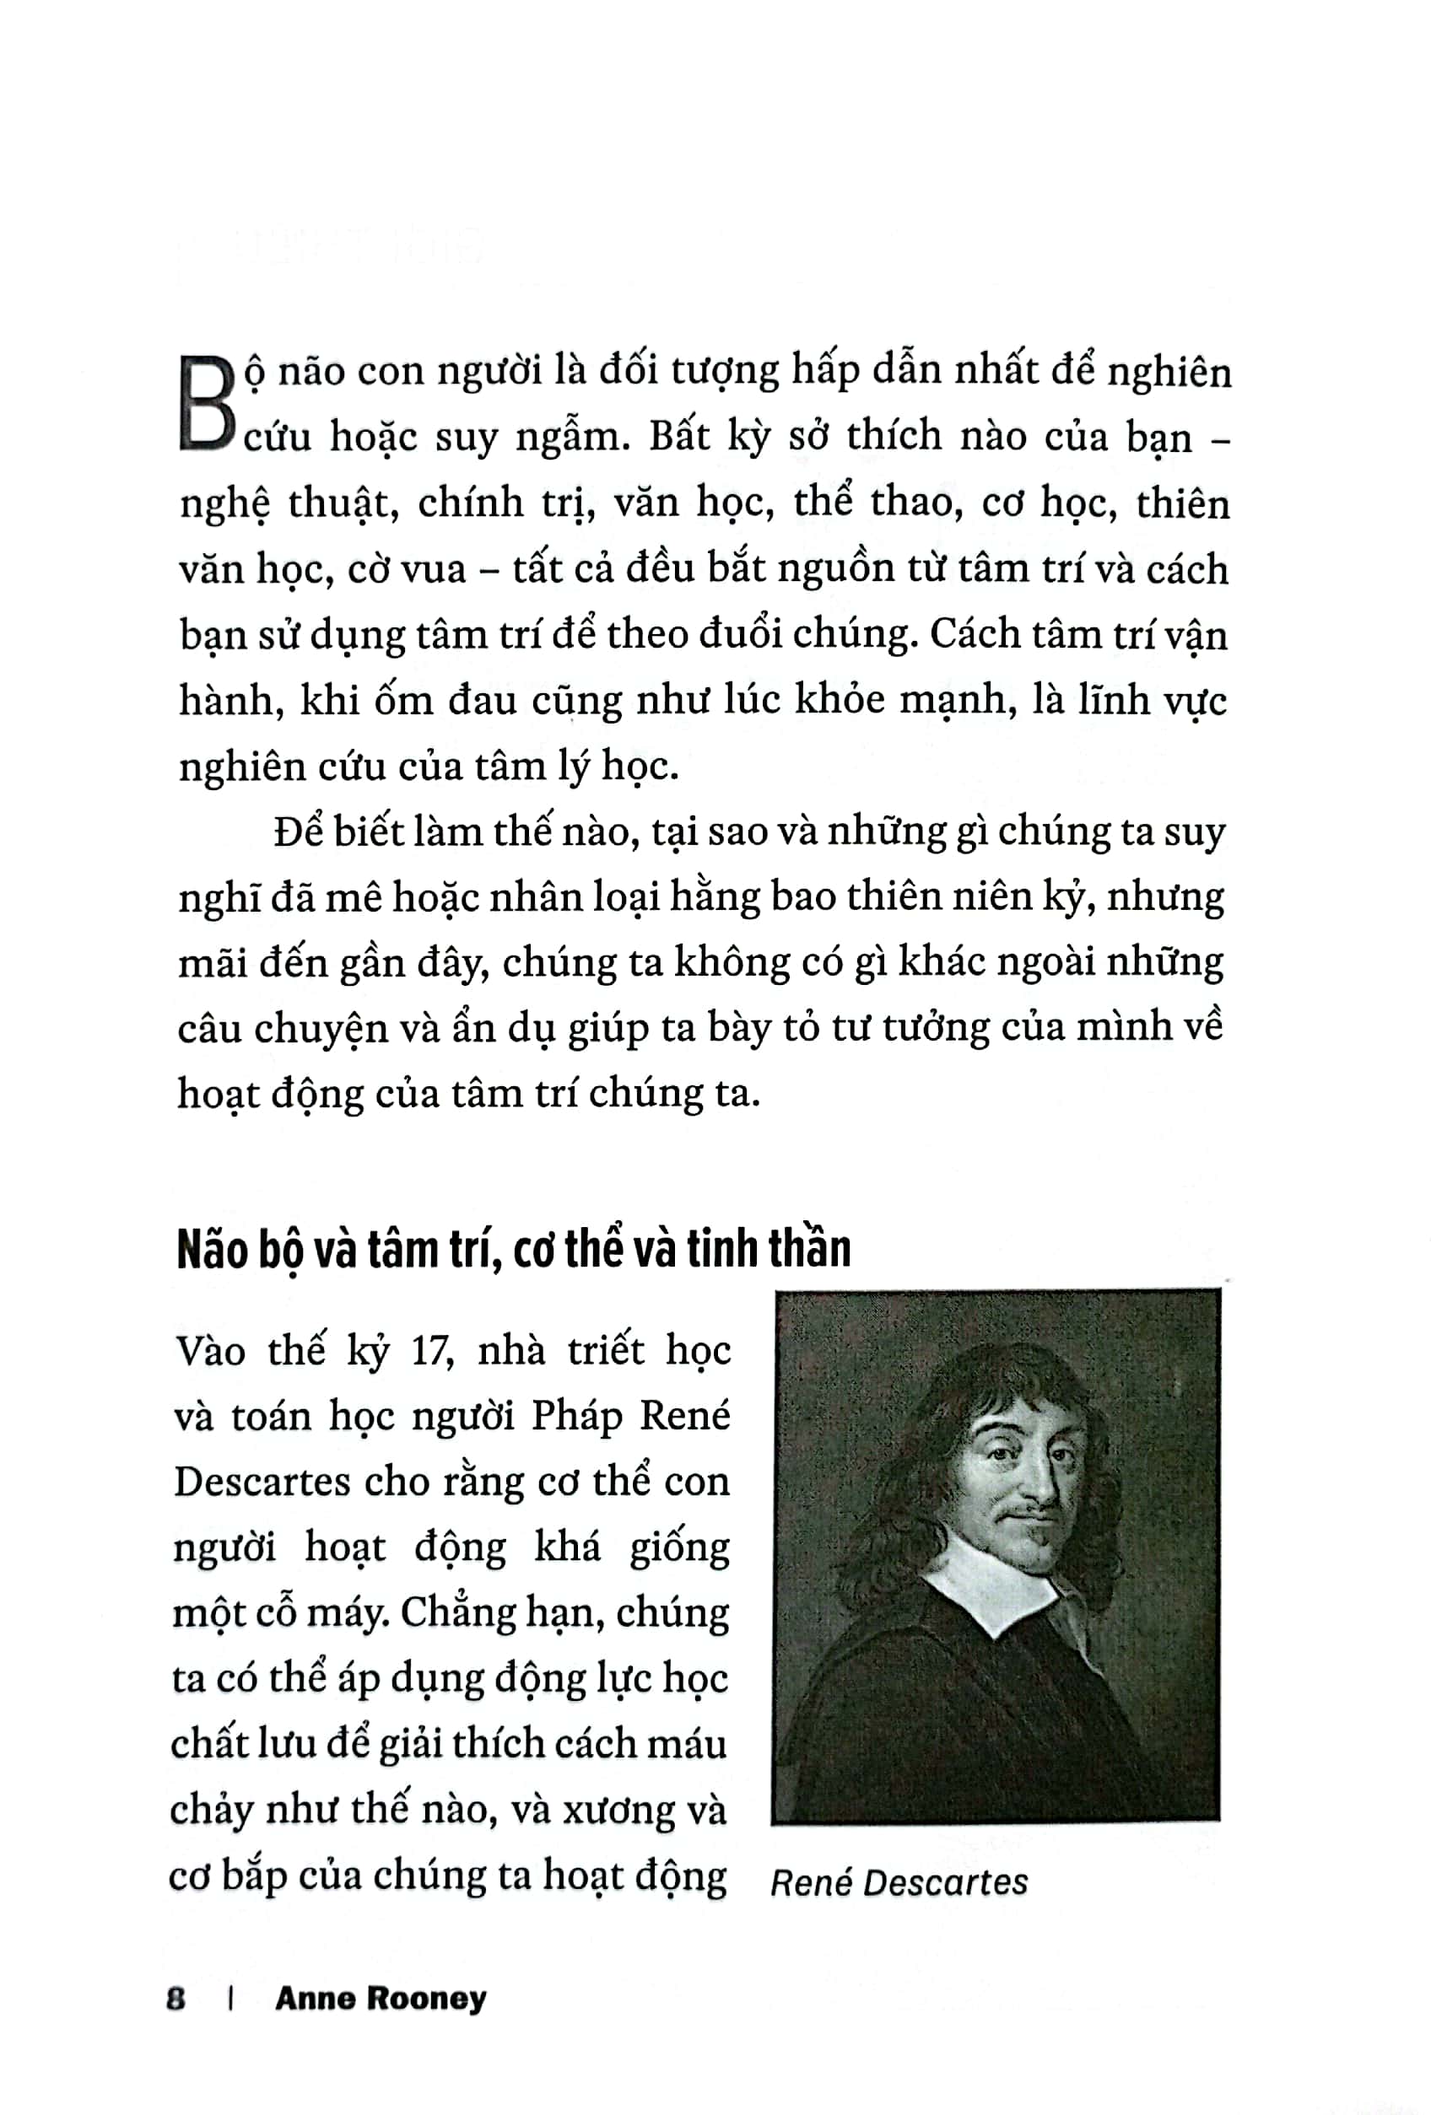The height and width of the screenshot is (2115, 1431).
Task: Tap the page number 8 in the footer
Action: [175, 1999]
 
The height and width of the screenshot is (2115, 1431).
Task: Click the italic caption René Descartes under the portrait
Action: [899, 1882]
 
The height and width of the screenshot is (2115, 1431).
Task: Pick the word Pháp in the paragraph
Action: [577, 1417]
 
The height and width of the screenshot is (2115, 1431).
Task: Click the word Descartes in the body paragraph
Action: [262, 1483]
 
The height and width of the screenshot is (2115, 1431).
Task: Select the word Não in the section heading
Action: [212, 1250]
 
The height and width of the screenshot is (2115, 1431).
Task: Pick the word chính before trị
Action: [471, 504]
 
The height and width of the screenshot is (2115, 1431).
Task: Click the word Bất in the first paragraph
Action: [678, 438]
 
